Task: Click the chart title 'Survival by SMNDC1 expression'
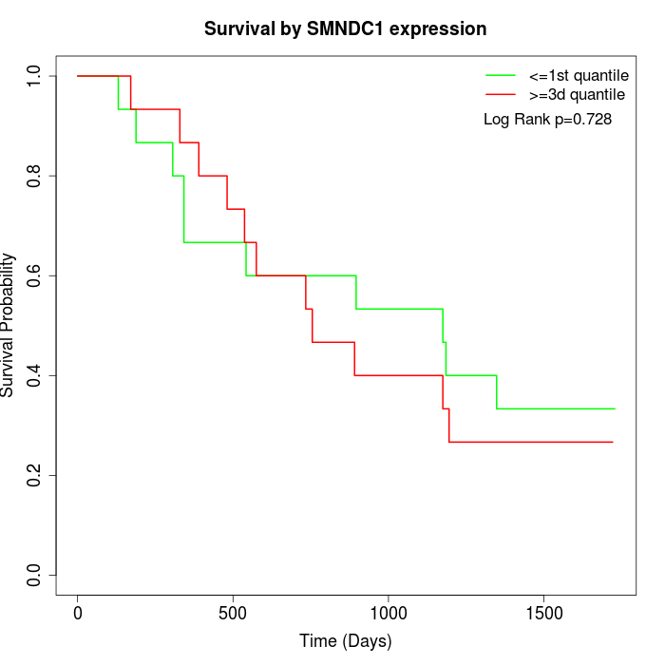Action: (x=345, y=29)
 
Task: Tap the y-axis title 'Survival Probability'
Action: (x=9, y=325)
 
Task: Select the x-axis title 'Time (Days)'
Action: (x=345, y=641)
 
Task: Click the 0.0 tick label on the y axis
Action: (x=35, y=575)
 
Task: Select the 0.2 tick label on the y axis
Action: (x=35, y=475)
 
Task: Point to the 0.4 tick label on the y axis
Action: (x=35, y=375)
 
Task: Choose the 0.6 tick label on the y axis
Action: (x=35, y=275)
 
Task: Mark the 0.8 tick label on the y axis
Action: (x=35, y=176)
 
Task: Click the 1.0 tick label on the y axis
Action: (x=35, y=76)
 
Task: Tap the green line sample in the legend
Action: (x=501, y=75)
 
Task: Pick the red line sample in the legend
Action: (x=501, y=95)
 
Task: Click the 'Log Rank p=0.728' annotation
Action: (x=547, y=120)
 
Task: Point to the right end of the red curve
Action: (x=613, y=442)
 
